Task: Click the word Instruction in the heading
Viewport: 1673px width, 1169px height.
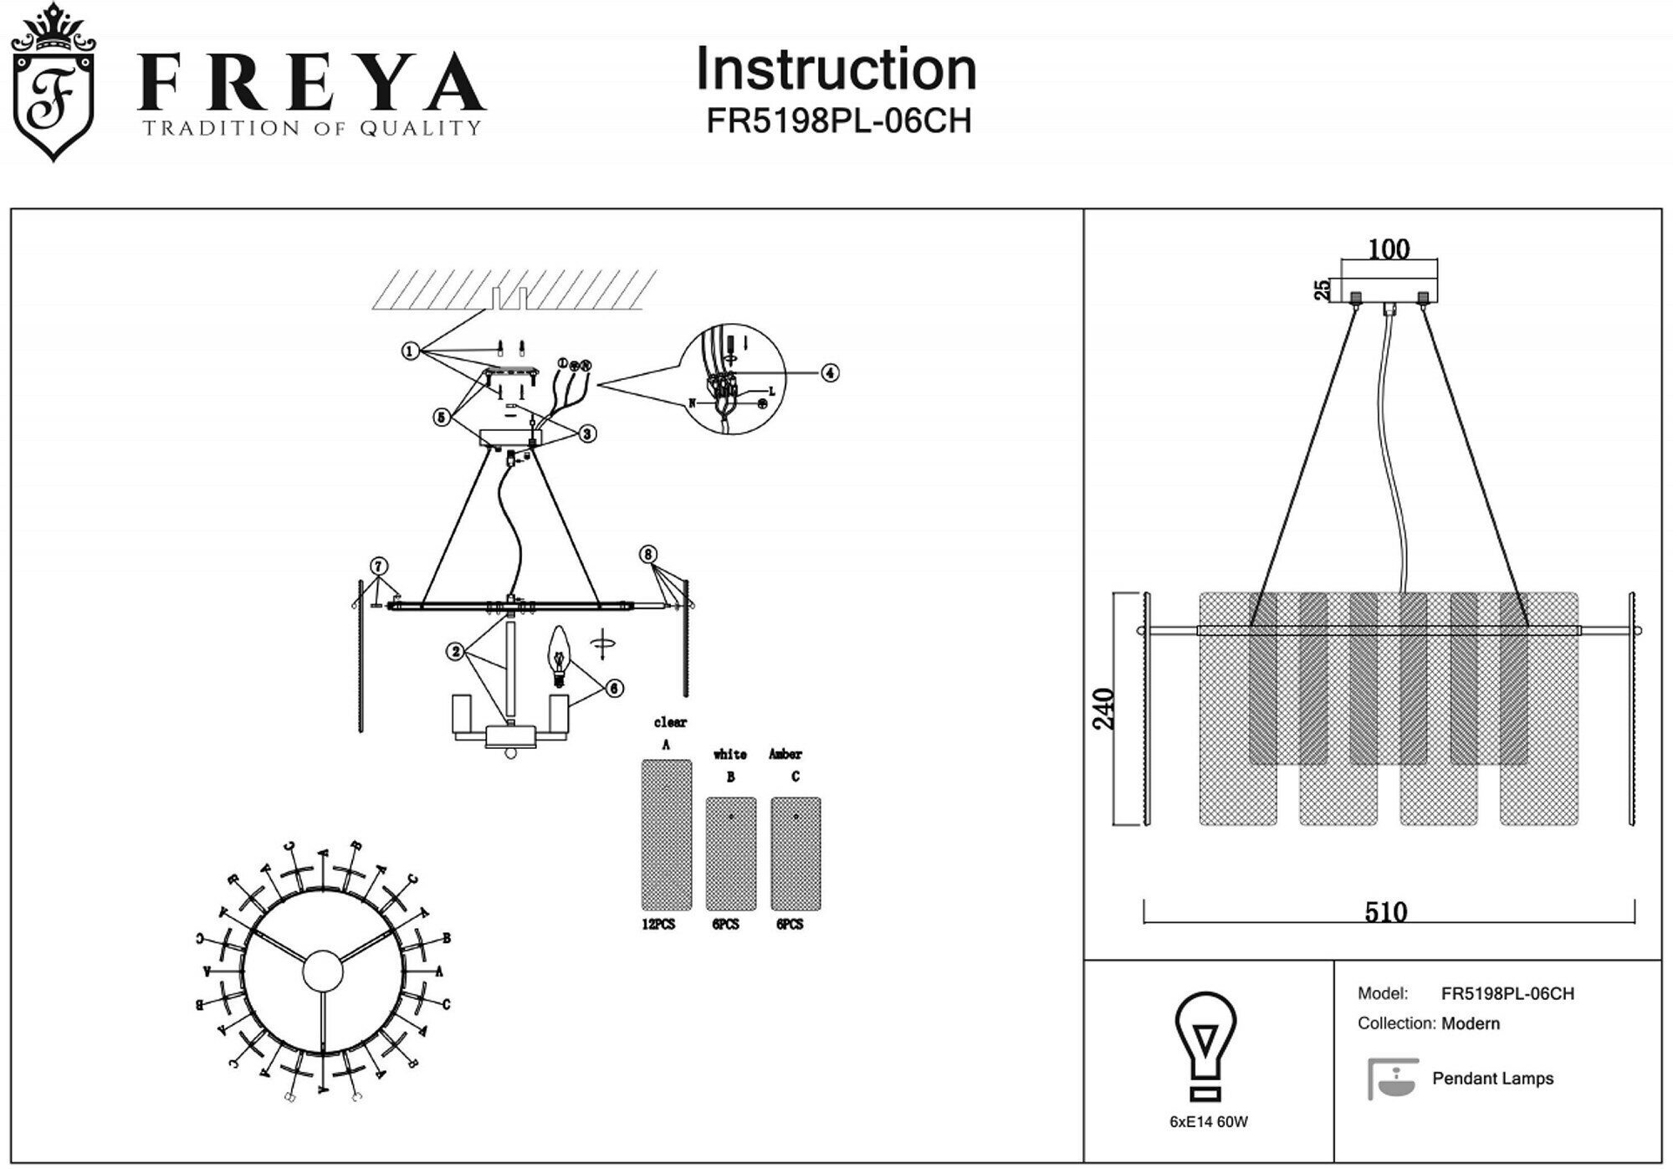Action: click(836, 69)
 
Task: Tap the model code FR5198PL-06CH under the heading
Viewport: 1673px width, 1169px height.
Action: click(838, 121)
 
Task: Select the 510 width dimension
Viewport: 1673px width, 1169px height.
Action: click(1386, 911)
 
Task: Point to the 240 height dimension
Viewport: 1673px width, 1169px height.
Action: click(1104, 708)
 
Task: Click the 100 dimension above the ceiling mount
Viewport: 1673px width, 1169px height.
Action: click(1389, 249)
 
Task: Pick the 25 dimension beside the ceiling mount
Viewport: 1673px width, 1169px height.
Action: click(1323, 290)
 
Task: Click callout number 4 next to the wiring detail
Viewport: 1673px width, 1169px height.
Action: click(829, 372)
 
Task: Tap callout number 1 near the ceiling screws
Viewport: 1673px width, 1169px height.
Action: click(410, 351)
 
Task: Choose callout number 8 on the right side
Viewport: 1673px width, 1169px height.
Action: click(647, 554)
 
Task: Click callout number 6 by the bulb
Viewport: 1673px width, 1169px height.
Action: click(614, 688)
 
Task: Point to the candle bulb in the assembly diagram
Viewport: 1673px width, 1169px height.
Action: click(558, 653)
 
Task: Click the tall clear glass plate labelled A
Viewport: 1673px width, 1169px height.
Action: click(666, 834)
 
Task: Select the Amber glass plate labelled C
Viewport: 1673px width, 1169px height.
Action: click(795, 853)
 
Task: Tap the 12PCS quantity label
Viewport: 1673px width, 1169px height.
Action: click(658, 925)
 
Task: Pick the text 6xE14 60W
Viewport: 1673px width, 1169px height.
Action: click(1208, 1122)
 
